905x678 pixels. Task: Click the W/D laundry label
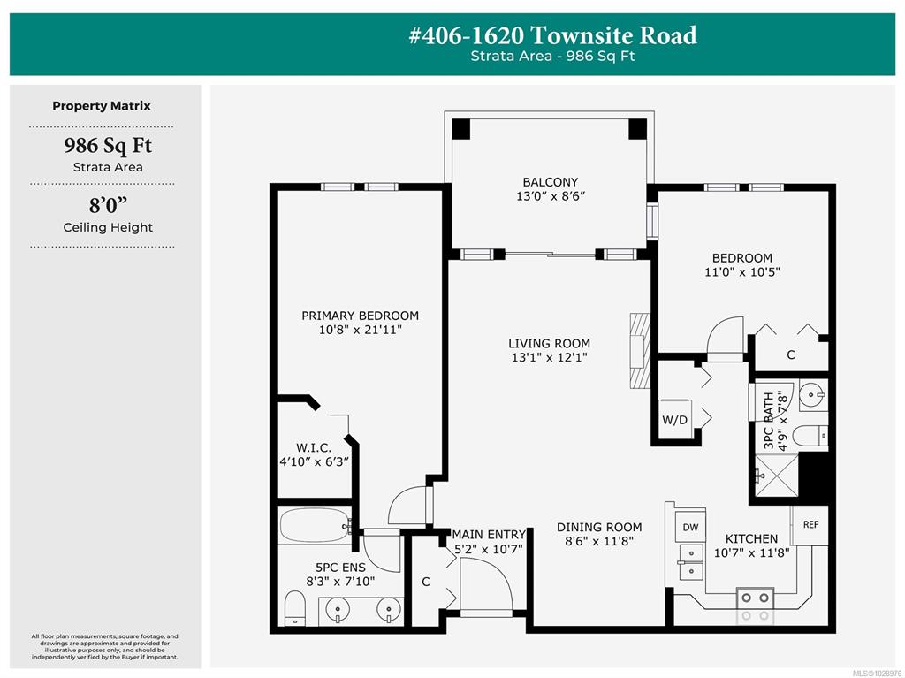point(674,420)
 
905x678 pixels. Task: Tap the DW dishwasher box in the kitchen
point(690,527)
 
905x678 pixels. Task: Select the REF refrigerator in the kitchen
point(810,524)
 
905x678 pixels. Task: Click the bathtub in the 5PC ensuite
point(316,524)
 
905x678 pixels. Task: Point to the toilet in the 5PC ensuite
point(295,608)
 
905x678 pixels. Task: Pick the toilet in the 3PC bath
point(810,436)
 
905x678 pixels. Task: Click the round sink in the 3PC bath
point(813,396)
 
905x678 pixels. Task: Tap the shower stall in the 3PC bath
point(777,476)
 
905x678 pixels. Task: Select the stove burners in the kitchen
point(755,606)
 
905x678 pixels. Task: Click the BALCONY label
point(550,182)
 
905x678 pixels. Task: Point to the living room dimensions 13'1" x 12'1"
point(550,357)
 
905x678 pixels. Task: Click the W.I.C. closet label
point(314,447)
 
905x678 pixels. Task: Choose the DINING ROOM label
point(599,527)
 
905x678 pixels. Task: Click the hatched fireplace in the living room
point(640,351)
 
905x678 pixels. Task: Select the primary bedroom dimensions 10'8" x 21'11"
point(361,330)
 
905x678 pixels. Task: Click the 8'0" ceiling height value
point(108,206)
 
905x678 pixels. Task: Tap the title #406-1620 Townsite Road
point(553,35)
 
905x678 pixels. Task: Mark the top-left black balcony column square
point(460,129)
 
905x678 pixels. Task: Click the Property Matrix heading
point(102,106)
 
